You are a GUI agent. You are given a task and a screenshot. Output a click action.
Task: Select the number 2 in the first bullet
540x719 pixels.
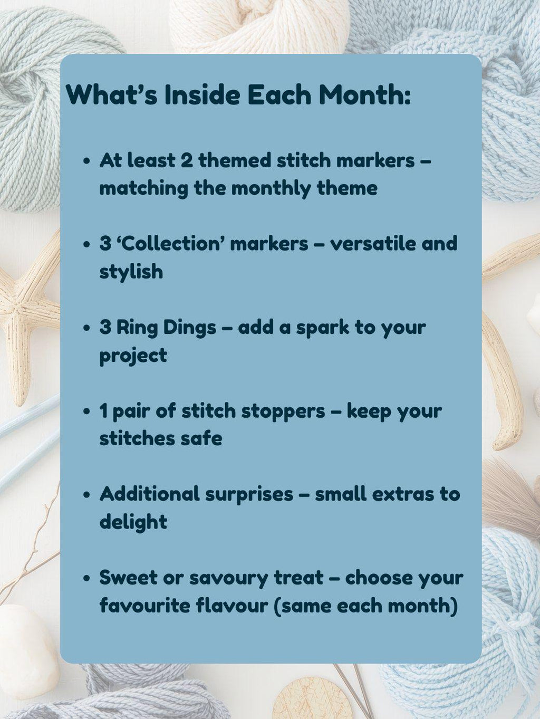coord(186,160)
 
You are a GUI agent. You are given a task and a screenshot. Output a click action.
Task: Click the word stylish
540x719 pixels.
coord(131,272)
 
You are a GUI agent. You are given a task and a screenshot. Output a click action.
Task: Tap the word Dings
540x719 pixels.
coord(189,327)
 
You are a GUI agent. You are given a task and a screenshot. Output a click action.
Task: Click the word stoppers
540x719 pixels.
coord(283,410)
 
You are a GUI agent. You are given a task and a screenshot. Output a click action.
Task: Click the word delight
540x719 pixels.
coord(133,522)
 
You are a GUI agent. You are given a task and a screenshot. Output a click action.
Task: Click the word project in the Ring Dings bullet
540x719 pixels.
coord(133,356)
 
